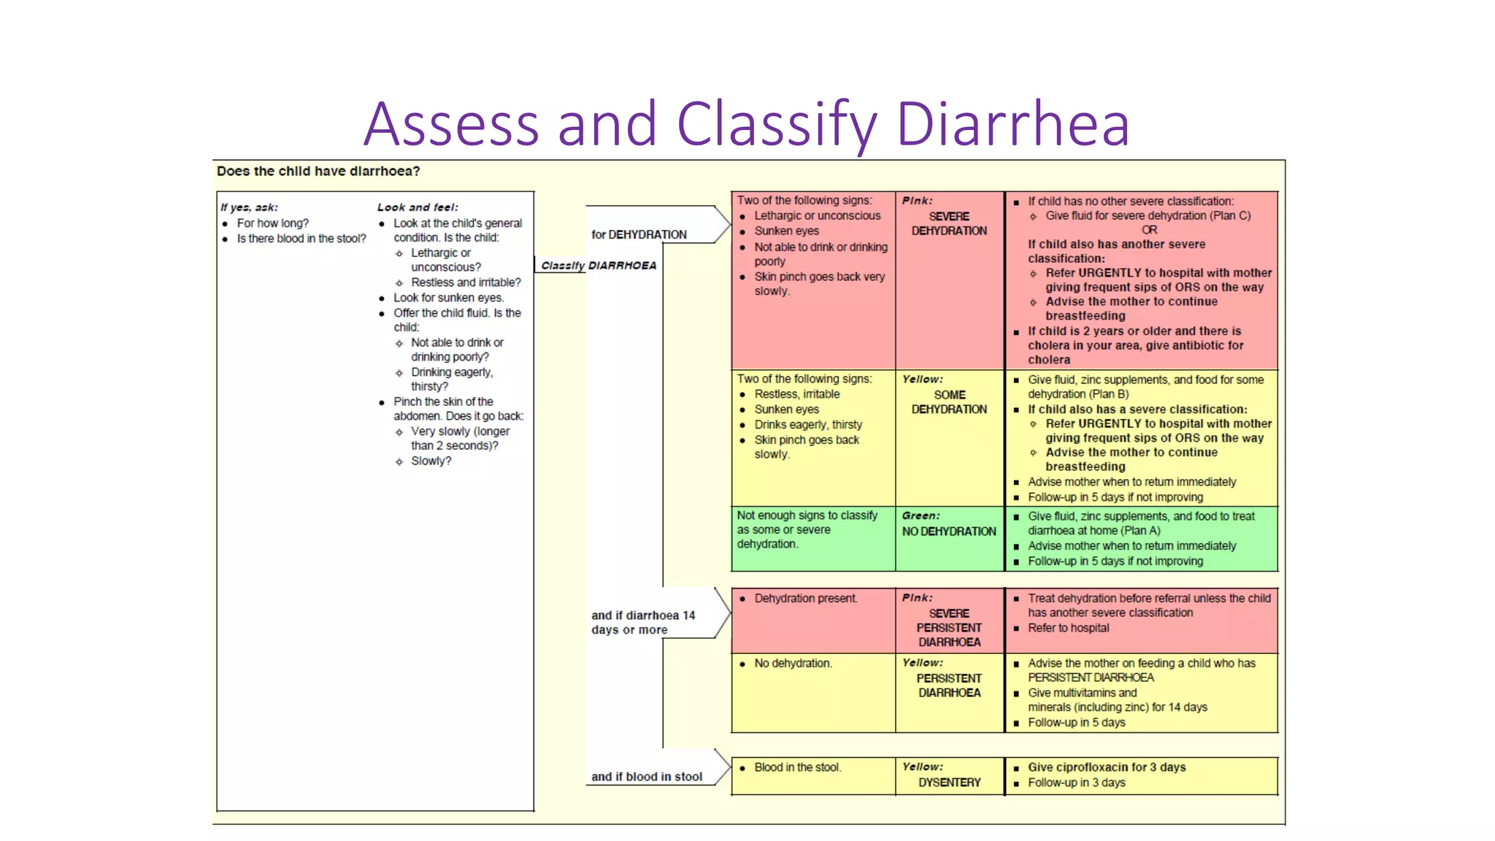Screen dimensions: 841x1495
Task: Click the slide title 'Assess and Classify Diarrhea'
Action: click(746, 123)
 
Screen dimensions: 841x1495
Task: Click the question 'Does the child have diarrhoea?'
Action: click(318, 172)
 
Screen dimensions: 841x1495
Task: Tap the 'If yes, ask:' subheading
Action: click(249, 207)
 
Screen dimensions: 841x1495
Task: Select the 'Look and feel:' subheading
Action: click(418, 207)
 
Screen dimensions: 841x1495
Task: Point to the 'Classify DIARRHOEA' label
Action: click(599, 266)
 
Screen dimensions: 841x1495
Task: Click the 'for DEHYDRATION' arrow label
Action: click(639, 234)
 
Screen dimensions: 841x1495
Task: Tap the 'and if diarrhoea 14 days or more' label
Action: click(642, 623)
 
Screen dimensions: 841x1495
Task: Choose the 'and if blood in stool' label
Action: click(647, 777)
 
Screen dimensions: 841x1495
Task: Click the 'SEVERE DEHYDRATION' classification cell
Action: click(949, 223)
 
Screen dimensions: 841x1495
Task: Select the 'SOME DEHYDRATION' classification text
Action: click(949, 402)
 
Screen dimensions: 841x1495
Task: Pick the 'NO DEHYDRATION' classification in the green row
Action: click(949, 531)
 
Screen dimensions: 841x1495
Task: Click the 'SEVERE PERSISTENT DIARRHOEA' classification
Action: click(949, 628)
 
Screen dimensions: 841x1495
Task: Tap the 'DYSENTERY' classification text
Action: click(949, 783)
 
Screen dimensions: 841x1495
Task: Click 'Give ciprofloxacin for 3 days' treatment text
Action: click(1107, 767)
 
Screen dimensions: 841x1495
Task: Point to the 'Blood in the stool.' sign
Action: click(797, 767)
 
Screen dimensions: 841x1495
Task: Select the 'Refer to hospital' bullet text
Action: click(1068, 628)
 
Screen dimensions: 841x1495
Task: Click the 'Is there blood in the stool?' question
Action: click(301, 239)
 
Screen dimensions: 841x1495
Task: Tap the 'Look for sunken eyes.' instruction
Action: click(448, 298)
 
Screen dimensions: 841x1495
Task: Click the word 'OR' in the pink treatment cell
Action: click(1150, 230)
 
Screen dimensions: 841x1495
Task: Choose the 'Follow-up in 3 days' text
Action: click(1076, 783)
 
